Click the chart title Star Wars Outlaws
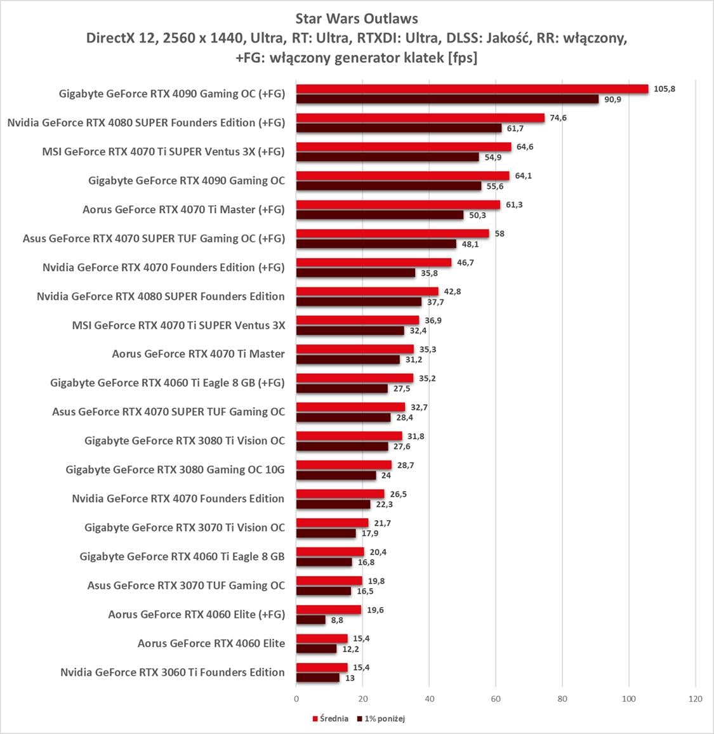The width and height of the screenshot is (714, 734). click(357, 18)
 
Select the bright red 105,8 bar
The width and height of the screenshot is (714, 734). click(472, 89)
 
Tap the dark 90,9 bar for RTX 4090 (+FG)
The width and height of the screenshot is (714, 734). click(447, 100)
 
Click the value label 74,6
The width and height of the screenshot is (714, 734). click(558, 118)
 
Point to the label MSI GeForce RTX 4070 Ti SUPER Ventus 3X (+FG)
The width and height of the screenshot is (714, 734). click(163, 152)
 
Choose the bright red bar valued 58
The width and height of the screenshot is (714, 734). click(392, 233)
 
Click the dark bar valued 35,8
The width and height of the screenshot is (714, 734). click(355, 273)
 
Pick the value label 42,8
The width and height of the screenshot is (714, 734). click(452, 291)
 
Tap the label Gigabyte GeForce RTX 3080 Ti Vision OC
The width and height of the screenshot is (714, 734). click(185, 441)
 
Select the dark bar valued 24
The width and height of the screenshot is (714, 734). click(336, 476)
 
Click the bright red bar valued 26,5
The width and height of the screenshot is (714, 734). click(340, 494)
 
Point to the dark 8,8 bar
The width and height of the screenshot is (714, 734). click(310, 620)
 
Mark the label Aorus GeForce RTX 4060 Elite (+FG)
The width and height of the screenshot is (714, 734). click(196, 614)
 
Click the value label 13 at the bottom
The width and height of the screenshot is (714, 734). click(350, 678)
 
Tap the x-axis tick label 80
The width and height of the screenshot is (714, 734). click(562, 698)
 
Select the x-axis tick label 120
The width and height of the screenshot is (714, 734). click(695, 698)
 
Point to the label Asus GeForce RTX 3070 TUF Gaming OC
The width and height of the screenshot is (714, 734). click(186, 586)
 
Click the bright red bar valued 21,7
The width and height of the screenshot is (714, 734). click(332, 523)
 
